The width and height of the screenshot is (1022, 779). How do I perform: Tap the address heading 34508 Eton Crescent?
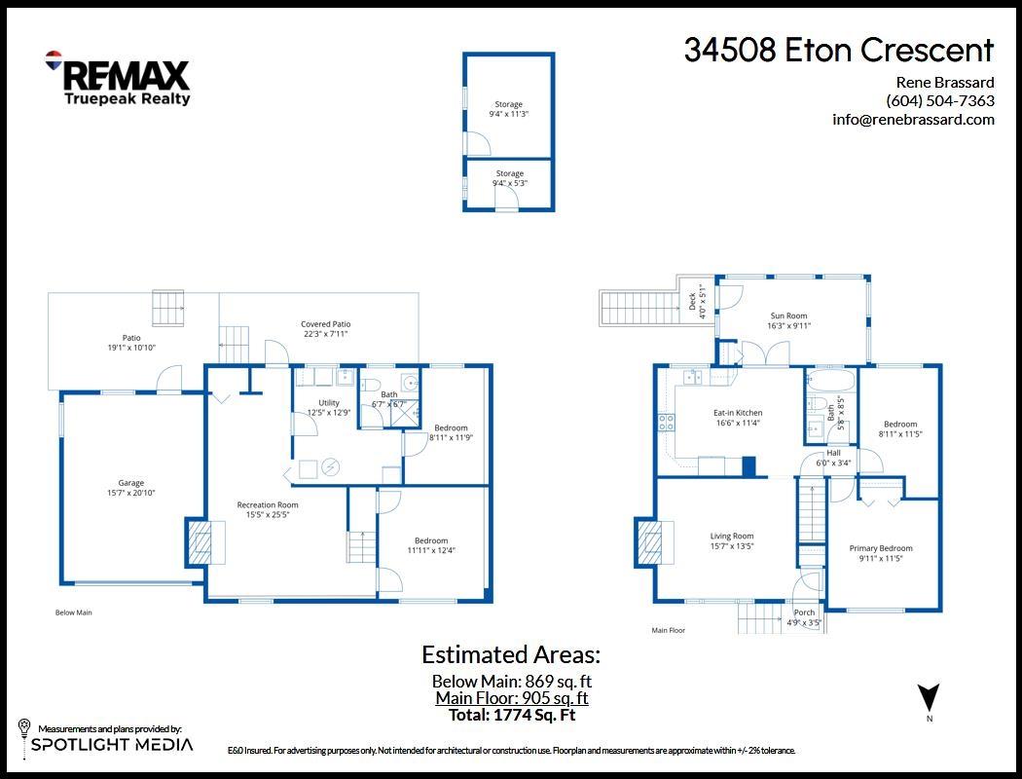point(838,51)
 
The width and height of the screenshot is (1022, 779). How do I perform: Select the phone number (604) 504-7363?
point(939,100)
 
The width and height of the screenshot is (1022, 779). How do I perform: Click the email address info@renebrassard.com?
point(913,120)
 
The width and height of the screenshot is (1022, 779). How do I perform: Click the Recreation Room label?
point(268,509)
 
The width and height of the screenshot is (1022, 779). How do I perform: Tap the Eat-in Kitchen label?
point(738,418)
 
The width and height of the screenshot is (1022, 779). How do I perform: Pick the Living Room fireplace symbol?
point(653,542)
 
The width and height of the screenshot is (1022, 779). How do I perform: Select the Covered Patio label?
point(325,329)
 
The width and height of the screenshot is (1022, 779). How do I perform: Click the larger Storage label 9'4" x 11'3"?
point(508,109)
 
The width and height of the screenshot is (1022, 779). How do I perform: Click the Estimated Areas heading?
point(510,654)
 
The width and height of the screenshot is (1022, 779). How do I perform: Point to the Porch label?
point(804,617)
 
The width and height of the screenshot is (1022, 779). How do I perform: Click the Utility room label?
point(329,407)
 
